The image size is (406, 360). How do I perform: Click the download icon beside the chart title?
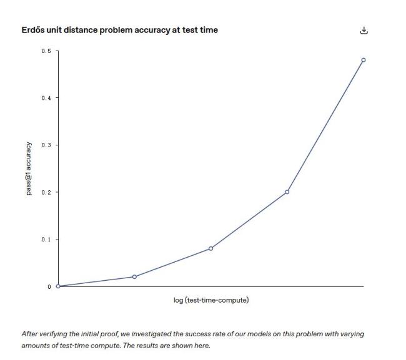coord(364,31)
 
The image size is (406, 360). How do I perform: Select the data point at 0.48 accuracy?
coord(364,60)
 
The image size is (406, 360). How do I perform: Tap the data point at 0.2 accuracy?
coord(287,192)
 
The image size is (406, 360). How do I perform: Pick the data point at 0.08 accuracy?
coord(210,248)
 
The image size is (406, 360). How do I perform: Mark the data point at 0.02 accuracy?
coord(134,277)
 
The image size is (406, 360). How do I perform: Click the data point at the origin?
coord(58,286)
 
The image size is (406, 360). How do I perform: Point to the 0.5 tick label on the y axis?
coord(46,51)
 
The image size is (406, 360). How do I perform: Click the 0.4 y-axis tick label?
coord(46,98)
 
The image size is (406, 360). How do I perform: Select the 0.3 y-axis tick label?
coord(46,145)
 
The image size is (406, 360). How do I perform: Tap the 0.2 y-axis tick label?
coord(46,192)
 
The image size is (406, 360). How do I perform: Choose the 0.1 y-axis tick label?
coord(46,240)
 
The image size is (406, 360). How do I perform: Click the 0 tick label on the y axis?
coord(49,287)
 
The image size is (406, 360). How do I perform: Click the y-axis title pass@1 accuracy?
coord(29,168)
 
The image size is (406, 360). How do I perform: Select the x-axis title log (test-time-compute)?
coord(211,300)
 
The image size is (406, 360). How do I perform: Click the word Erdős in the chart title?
coord(33,30)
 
